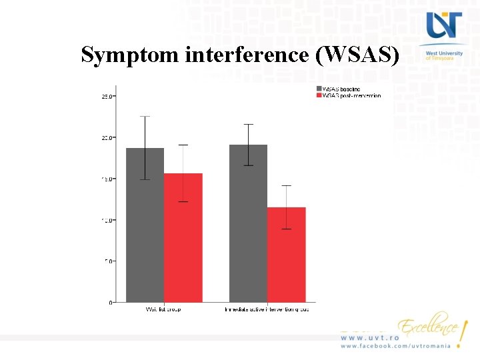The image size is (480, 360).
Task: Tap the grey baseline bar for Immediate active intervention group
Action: click(248, 223)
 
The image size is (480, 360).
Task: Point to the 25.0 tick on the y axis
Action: click(107, 97)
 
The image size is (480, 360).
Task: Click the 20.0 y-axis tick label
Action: click(107, 137)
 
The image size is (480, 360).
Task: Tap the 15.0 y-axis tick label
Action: click(107, 179)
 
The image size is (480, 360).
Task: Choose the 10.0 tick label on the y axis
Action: click(107, 220)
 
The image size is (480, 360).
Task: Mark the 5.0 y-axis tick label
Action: click(108, 261)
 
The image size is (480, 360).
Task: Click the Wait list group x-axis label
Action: click(163, 309)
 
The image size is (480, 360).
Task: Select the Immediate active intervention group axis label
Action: click(268, 309)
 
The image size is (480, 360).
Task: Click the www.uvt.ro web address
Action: click(370, 338)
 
